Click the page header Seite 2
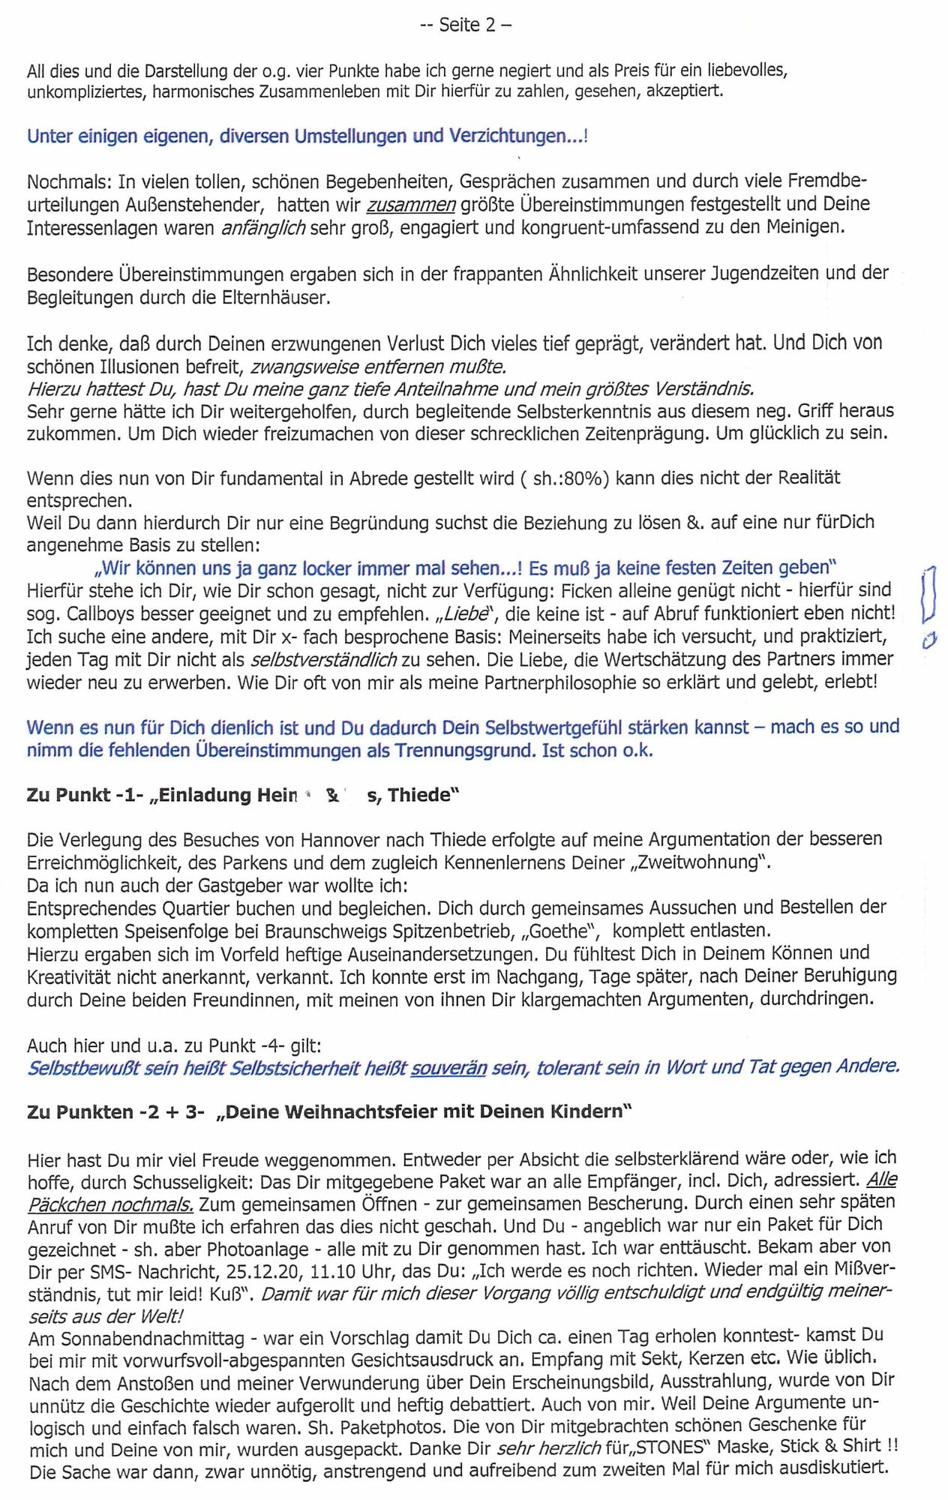(x=466, y=25)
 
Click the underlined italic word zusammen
(x=410, y=205)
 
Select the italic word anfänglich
(x=262, y=228)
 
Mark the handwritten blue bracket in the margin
(x=928, y=593)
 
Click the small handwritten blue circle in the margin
(x=929, y=640)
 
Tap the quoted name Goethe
(x=556, y=931)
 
